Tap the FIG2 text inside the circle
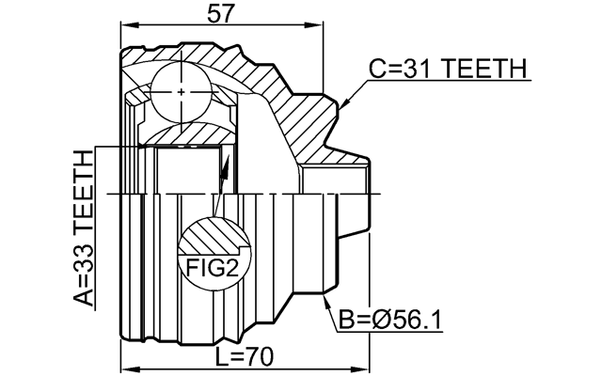pyautogui.click(x=212, y=268)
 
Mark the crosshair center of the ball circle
pyautogui.click(x=181, y=91)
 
